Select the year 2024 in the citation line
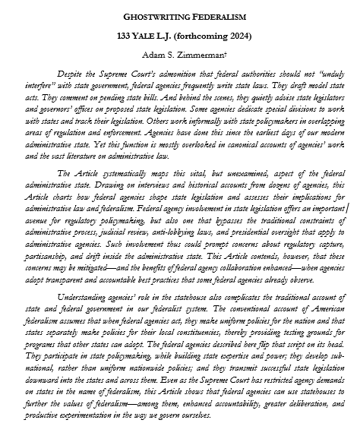pyautogui.click(x=236, y=35)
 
